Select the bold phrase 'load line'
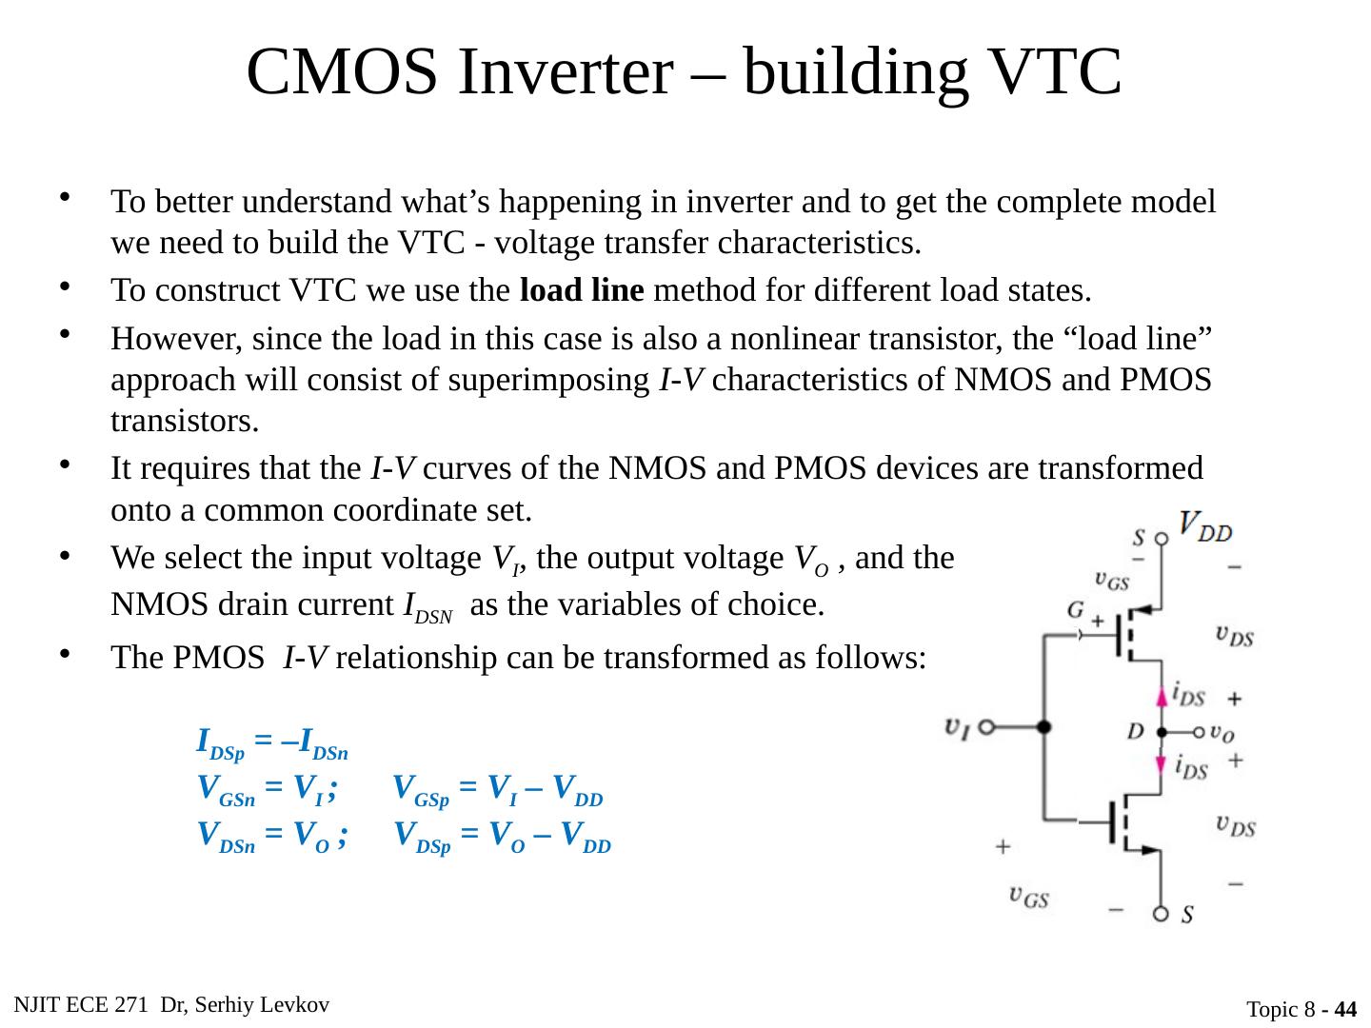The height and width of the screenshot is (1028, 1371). tap(583, 289)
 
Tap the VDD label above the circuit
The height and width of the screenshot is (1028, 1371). tap(1205, 525)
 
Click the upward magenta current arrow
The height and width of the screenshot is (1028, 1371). tap(1162, 698)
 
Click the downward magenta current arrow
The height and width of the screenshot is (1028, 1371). tap(1162, 764)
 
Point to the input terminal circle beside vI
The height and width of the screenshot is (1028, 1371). tap(986, 726)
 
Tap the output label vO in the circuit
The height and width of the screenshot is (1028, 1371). tap(1222, 732)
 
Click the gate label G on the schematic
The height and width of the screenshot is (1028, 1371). tap(1076, 610)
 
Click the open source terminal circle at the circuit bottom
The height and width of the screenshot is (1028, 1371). tap(1162, 915)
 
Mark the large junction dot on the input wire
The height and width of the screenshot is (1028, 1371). tap(1044, 726)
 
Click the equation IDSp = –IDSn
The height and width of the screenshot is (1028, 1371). tap(272, 742)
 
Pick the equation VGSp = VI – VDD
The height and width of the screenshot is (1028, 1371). tap(499, 789)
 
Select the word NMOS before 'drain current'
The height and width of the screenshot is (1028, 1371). tap(154, 605)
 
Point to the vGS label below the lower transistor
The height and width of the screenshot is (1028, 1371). tap(1028, 897)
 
